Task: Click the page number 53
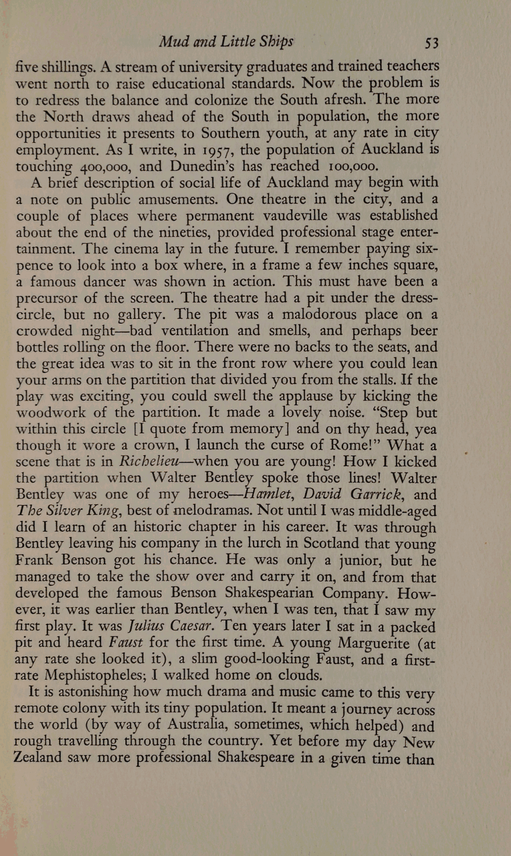point(432,43)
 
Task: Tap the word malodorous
point(320,315)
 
